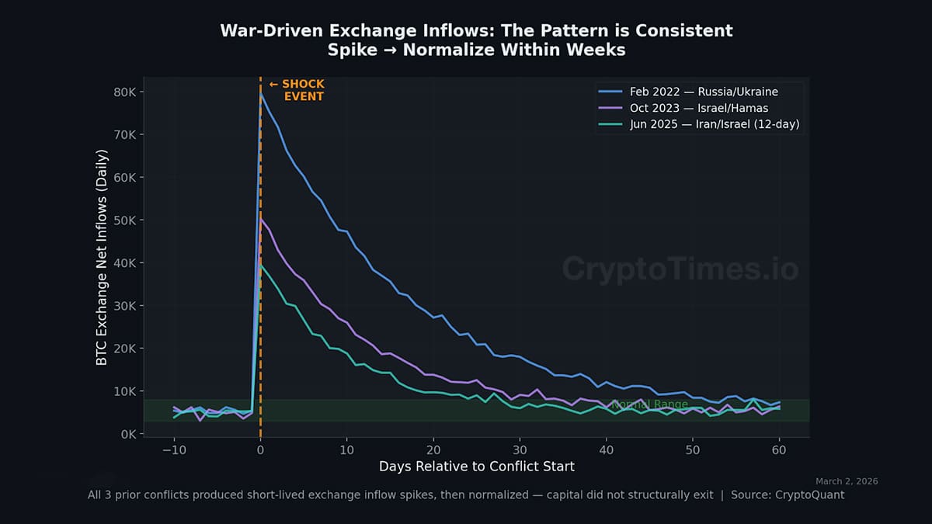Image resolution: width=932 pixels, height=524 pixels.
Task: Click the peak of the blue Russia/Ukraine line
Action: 261,93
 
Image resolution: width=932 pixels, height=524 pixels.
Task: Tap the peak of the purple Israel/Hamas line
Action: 261,220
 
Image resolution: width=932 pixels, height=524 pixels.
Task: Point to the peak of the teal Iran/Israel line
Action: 261,264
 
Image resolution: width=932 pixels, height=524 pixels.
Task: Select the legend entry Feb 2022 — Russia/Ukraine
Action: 704,92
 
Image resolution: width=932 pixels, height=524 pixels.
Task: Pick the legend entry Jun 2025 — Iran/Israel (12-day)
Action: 714,124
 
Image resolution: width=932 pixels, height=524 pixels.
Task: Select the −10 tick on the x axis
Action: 173,450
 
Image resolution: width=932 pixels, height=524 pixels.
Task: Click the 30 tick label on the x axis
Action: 520,450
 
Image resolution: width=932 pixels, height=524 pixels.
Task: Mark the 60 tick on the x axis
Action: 780,450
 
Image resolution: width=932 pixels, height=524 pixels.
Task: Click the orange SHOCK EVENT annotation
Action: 297,90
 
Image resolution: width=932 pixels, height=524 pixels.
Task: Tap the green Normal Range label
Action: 649,404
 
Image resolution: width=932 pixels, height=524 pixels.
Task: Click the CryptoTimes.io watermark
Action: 680,269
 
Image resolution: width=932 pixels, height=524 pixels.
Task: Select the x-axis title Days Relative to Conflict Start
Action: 476,467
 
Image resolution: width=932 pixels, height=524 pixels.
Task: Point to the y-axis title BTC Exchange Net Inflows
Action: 102,257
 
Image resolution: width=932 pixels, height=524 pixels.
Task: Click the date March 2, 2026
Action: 847,481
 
